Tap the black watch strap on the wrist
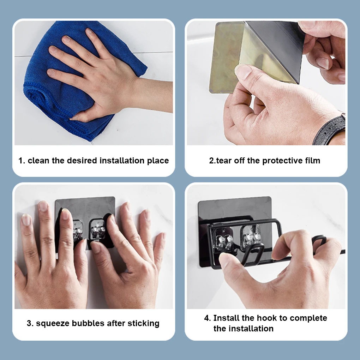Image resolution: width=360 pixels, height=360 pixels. [331, 130]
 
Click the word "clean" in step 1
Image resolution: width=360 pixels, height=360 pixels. [38, 161]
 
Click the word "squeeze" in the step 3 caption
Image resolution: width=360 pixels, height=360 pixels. [53, 324]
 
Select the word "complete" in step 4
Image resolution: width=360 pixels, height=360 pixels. [308, 318]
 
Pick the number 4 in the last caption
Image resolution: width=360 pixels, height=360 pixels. [206, 318]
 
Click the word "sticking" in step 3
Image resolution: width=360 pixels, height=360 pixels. [143, 324]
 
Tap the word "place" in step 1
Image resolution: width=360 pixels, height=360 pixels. [158, 161]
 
